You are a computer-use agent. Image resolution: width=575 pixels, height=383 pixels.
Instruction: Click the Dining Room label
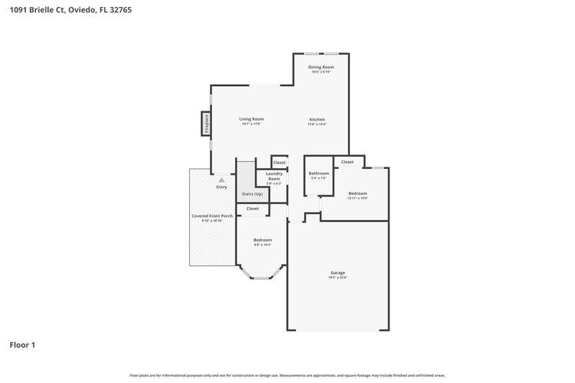[322, 67]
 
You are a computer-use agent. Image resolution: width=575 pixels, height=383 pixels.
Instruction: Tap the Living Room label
[252, 119]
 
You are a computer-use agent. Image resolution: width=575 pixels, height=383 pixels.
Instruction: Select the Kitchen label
[318, 119]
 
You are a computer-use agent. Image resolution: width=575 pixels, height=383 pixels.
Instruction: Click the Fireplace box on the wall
[206, 124]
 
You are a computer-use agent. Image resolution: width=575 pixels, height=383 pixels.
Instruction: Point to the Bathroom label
[318, 173]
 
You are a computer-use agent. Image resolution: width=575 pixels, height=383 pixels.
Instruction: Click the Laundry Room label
[274, 176]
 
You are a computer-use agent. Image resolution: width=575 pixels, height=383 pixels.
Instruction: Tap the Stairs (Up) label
[252, 194]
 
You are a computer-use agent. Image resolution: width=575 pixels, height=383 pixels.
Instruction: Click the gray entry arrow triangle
[222, 180]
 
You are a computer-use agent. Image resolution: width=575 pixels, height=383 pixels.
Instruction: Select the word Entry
[222, 188]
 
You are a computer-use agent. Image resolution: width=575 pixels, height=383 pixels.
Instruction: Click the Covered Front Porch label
[211, 216]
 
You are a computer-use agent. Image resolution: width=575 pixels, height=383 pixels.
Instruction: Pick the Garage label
[338, 272]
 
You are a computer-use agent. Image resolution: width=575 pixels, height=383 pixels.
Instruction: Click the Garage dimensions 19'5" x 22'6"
[338, 277]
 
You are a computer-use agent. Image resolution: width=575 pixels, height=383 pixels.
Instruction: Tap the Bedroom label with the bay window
[262, 239]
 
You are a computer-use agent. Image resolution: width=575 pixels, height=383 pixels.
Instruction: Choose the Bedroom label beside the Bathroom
[358, 193]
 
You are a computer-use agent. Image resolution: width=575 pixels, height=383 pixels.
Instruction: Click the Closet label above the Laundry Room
[279, 162]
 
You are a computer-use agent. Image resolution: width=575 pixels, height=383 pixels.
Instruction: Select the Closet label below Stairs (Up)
[252, 208]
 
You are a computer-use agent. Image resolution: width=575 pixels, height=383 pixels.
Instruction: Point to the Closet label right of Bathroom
[347, 162]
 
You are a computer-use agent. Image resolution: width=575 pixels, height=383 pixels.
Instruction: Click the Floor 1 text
[22, 345]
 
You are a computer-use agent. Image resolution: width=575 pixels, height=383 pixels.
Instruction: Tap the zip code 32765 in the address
[121, 11]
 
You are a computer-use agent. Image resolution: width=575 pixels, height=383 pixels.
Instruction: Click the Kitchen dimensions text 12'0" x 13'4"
[318, 124]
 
